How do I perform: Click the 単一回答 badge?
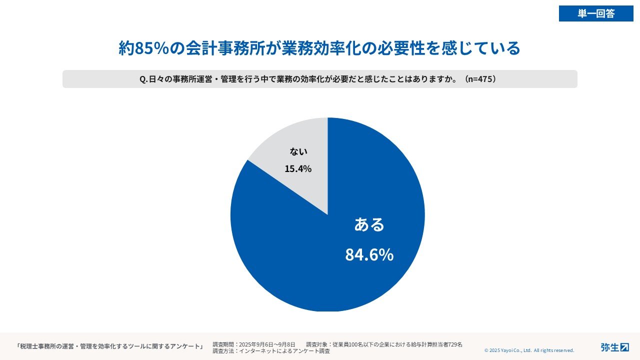(596, 13)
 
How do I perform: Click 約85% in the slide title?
(145, 48)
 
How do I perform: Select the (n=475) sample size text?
(480, 79)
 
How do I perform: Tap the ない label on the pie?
(298, 151)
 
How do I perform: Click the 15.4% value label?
(298, 169)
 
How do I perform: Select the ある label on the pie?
(369, 224)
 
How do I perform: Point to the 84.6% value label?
(369, 254)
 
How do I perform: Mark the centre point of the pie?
(327, 214)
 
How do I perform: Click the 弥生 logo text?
(609, 347)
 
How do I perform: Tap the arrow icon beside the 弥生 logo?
(624, 347)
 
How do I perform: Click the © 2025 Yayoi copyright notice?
(529, 350)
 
